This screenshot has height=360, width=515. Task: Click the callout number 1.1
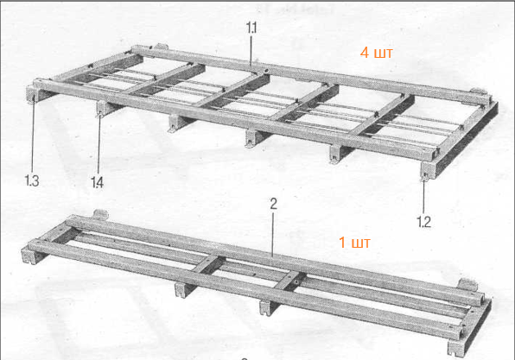[x=251, y=28]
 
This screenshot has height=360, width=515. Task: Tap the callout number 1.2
[x=423, y=222]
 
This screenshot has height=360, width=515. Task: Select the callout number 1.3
[x=32, y=180]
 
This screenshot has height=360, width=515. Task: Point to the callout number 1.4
[x=98, y=182]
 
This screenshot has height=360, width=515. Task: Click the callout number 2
[x=273, y=204]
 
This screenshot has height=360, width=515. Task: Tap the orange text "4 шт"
[x=376, y=53]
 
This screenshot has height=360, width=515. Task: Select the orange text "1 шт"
[x=354, y=243]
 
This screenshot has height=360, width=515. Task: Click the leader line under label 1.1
[x=251, y=51]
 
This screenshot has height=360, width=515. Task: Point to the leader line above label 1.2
[x=423, y=197]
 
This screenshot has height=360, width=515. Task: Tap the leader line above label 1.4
[x=99, y=145]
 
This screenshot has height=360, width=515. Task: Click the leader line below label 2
[x=272, y=234]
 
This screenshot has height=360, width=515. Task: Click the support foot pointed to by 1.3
[x=35, y=94]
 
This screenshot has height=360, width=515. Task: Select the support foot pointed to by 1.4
[x=104, y=108]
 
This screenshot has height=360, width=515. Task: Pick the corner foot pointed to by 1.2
[x=429, y=171]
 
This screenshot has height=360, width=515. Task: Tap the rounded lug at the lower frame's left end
[x=100, y=215]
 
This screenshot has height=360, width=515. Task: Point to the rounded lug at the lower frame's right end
[x=467, y=285]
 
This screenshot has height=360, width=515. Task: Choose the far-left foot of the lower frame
[x=31, y=256]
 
